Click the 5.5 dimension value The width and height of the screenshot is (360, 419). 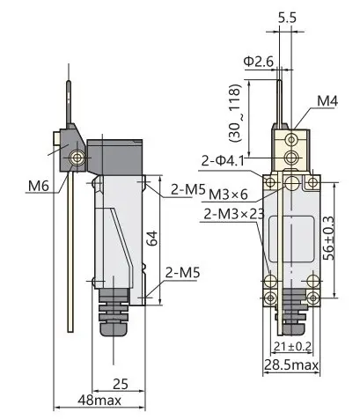287,18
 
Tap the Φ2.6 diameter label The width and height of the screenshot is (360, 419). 259,62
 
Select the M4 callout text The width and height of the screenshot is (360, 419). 327,101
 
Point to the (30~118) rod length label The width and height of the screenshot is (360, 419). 236,114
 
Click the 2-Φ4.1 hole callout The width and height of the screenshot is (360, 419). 223,161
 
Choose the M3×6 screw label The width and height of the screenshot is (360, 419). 228,194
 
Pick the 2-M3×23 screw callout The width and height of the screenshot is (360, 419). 234,214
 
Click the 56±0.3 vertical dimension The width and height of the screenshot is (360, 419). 328,239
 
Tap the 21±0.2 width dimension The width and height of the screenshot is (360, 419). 292,347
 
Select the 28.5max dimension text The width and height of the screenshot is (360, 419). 291,365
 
